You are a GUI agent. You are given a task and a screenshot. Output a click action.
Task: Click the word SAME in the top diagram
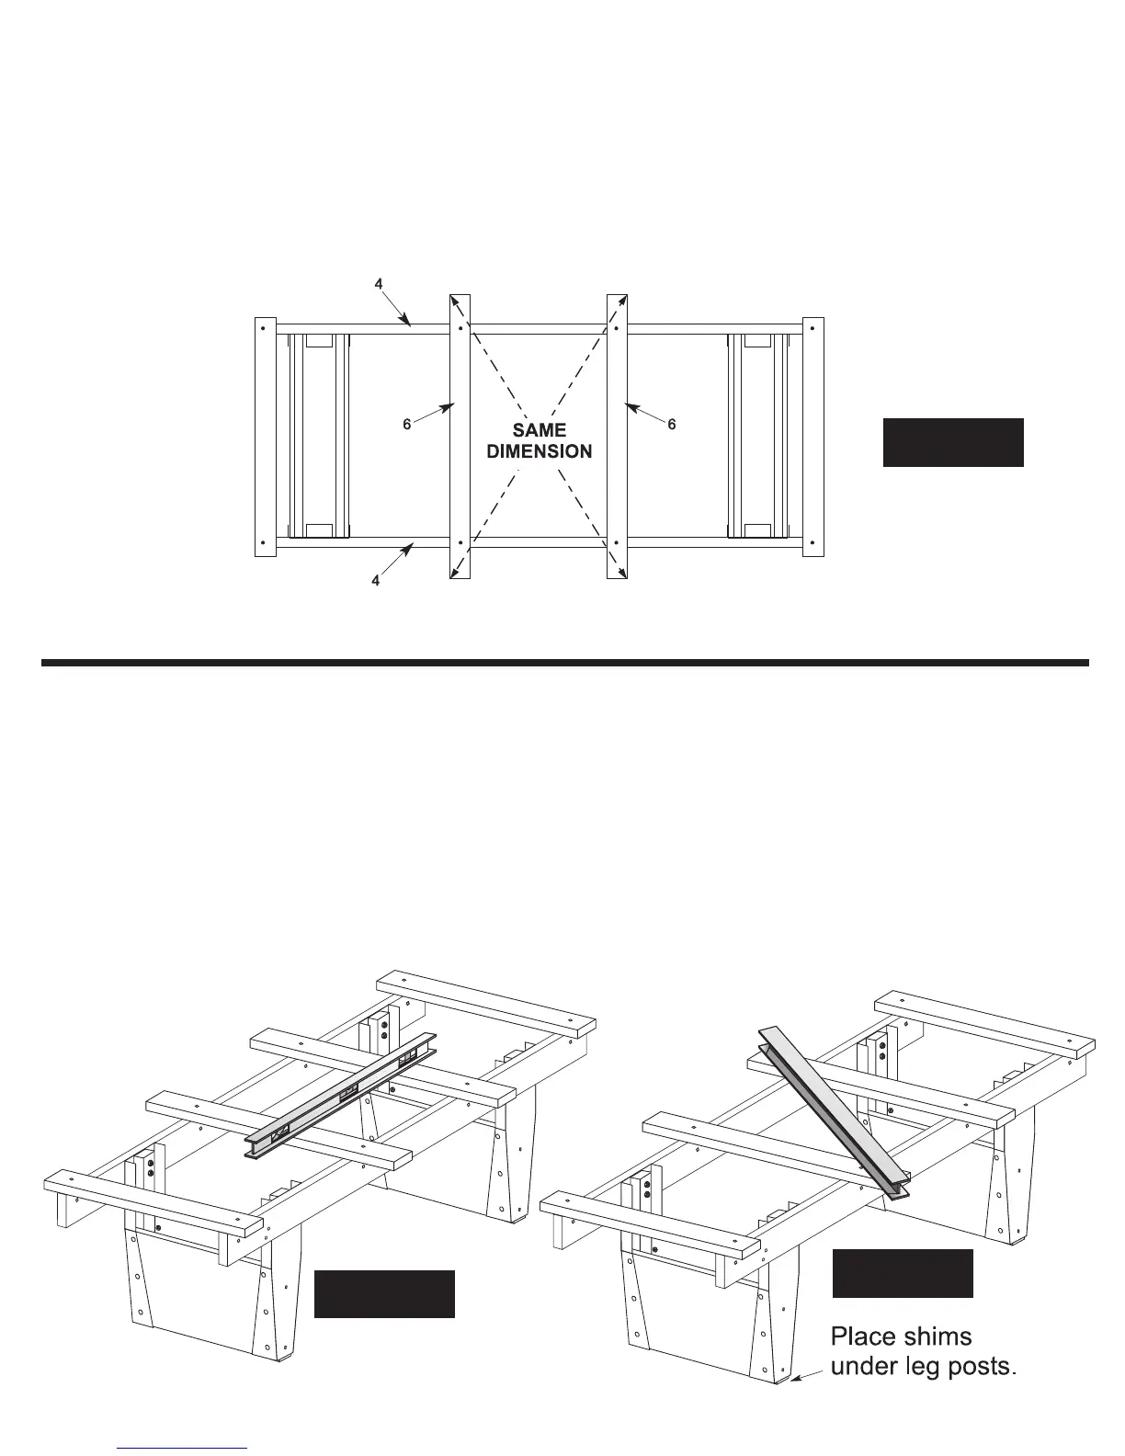click(540, 429)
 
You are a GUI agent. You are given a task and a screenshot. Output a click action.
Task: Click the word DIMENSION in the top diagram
click(540, 451)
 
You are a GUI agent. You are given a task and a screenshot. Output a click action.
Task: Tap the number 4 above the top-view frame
click(379, 284)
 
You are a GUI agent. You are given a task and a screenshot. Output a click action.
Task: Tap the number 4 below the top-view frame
click(376, 582)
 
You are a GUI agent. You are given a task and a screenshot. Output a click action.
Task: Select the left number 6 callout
click(407, 425)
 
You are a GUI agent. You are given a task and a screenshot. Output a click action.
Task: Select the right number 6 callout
click(672, 425)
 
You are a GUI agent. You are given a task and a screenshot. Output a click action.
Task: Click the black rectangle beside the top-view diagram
click(953, 442)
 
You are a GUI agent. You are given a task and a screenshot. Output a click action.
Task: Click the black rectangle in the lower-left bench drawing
click(384, 1293)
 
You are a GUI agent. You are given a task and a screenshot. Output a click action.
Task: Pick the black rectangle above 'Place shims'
click(903, 1273)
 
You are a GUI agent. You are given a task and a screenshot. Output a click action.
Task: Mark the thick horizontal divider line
click(564, 662)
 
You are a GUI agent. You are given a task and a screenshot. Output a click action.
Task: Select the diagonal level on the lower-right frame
click(833, 1112)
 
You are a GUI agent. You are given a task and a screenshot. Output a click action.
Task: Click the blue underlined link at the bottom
click(183, 1447)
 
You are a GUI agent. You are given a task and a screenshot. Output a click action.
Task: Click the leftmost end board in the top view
click(264, 437)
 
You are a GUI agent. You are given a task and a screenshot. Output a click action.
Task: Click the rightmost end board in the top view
click(813, 437)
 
